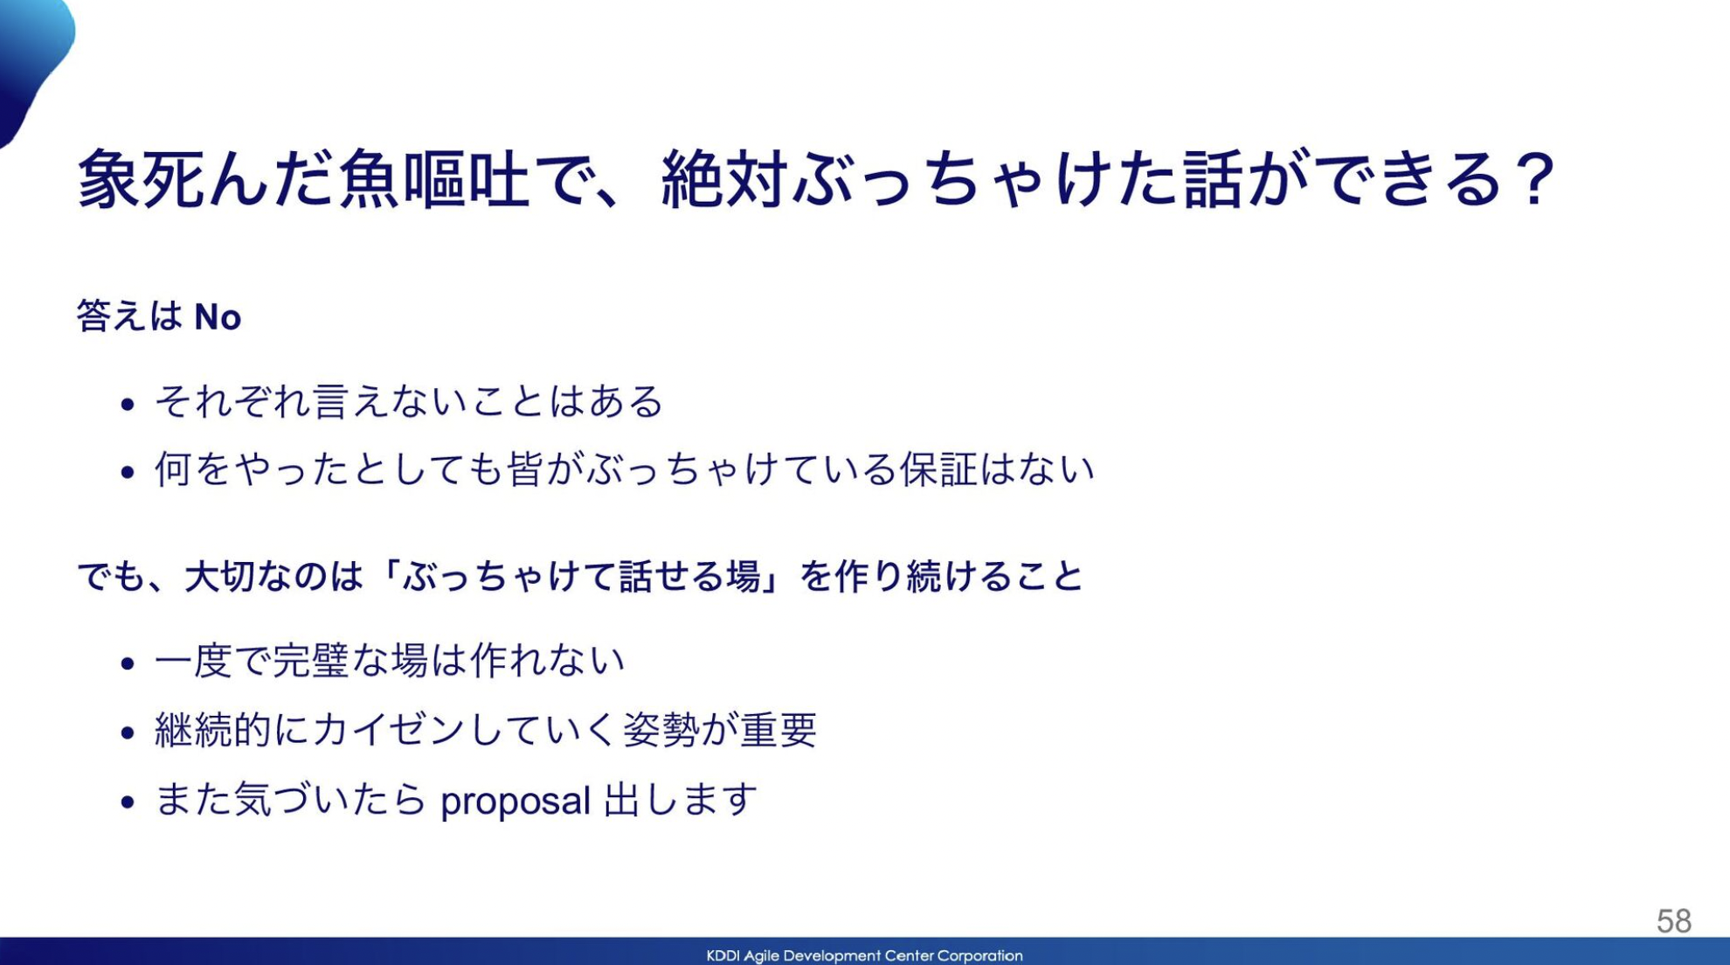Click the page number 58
[x=1673, y=920]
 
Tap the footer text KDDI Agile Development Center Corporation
[x=864, y=955]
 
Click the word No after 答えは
[x=218, y=316]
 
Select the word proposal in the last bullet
[x=516, y=801]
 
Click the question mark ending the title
[x=1535, y=179]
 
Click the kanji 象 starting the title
[x=108, y=179]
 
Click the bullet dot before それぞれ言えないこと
[x=128, y=404]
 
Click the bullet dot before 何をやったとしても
[x=128, y=473]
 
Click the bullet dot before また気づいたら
[x=128, y=802]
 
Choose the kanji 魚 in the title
[x=367, y=179]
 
